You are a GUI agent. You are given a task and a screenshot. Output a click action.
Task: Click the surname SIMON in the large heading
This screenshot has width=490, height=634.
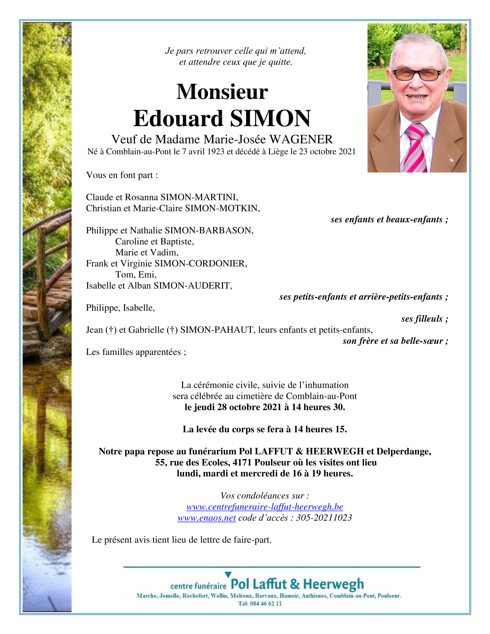click(270, 118)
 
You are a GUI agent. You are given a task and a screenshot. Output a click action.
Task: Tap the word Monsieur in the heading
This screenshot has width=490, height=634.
click(222, 92)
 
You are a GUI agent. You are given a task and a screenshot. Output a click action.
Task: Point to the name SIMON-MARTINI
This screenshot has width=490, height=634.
click(199, 197)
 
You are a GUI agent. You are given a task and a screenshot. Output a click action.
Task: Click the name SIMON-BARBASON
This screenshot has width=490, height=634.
click(209, 230)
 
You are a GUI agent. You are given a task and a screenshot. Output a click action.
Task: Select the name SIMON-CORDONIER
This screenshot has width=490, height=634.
click(201, 264)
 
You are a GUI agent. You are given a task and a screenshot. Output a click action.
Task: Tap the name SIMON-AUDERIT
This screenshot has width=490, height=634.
click(193, 286)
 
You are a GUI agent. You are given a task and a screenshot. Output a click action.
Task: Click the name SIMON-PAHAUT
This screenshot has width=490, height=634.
click(217, 330)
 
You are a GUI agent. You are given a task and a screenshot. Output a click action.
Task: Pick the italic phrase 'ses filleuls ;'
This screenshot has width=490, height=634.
click(425, 319)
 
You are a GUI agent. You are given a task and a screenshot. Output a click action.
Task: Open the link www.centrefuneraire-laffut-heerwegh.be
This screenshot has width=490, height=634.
click(265, 507)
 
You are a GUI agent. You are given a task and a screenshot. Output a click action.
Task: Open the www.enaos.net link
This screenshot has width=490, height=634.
click(207, 518)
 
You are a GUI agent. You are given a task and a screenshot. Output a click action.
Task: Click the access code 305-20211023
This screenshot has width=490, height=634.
click(324, 518)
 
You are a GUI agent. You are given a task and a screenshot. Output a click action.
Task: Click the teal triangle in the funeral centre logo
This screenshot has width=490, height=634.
click(228, 575)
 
